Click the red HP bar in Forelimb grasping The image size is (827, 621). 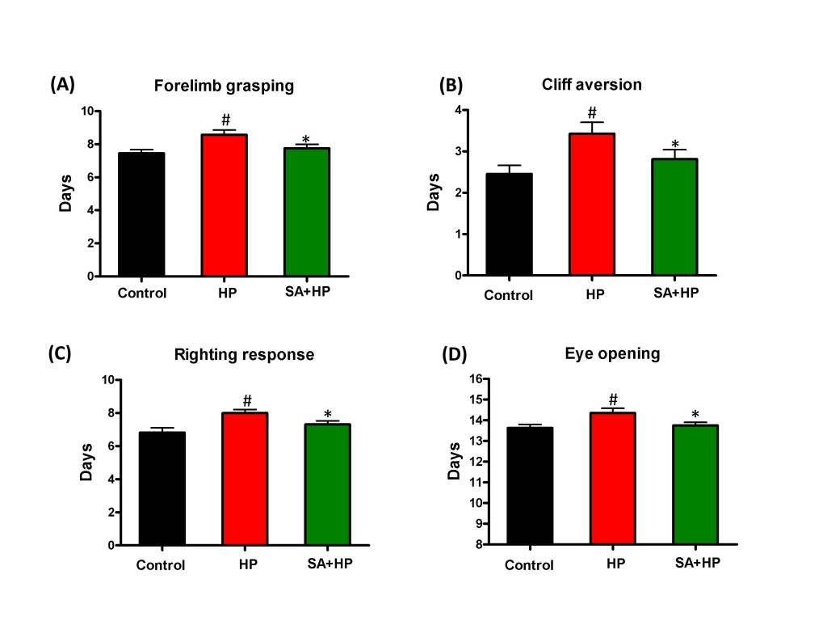point(225,205)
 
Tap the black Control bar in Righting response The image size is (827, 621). point(162,488)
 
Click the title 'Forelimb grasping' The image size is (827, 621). point(225,87)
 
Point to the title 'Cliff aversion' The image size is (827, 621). point(593,85)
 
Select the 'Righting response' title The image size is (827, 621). point(245,355)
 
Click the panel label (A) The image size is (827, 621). point(64,83)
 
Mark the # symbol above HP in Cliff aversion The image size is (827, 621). point(592,112)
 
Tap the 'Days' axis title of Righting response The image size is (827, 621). point(86,463)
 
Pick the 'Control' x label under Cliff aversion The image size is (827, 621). point(509,295)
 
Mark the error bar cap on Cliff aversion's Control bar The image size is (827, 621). point(509,165)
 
